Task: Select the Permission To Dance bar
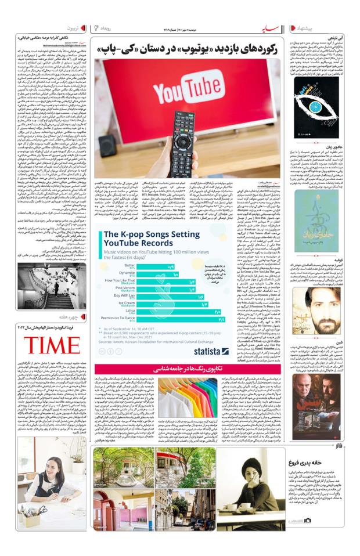[181, 319]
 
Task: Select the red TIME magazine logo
[52, 346]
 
